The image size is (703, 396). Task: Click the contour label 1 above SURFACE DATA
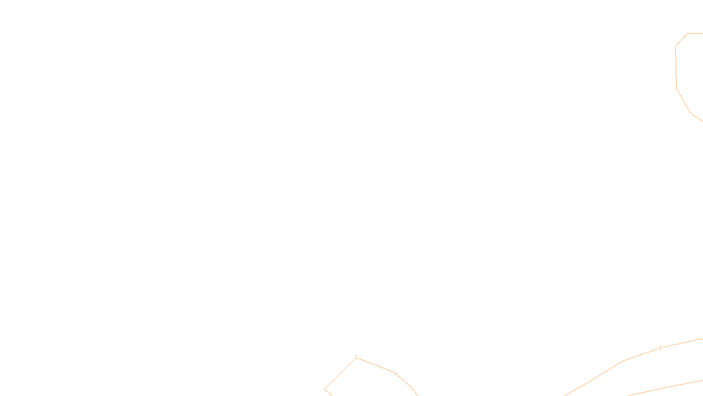click(x=356, y=357)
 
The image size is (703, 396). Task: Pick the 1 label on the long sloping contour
click(x=660, y=348)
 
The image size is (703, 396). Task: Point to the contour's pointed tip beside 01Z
click(x=325, y=389)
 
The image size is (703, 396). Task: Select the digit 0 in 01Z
click(x=330, y=389)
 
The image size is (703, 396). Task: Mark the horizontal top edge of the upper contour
click(x=695, y=33)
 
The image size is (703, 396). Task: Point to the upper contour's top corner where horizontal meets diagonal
click(x=687, y=33)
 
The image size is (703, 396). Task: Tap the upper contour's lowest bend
click(x=691, y=113)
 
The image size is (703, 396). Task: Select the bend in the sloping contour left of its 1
click(x=623, y=361)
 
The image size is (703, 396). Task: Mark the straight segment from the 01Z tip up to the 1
click(x=339, y=374)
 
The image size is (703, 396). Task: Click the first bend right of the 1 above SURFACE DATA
click(x=395, y=373)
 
